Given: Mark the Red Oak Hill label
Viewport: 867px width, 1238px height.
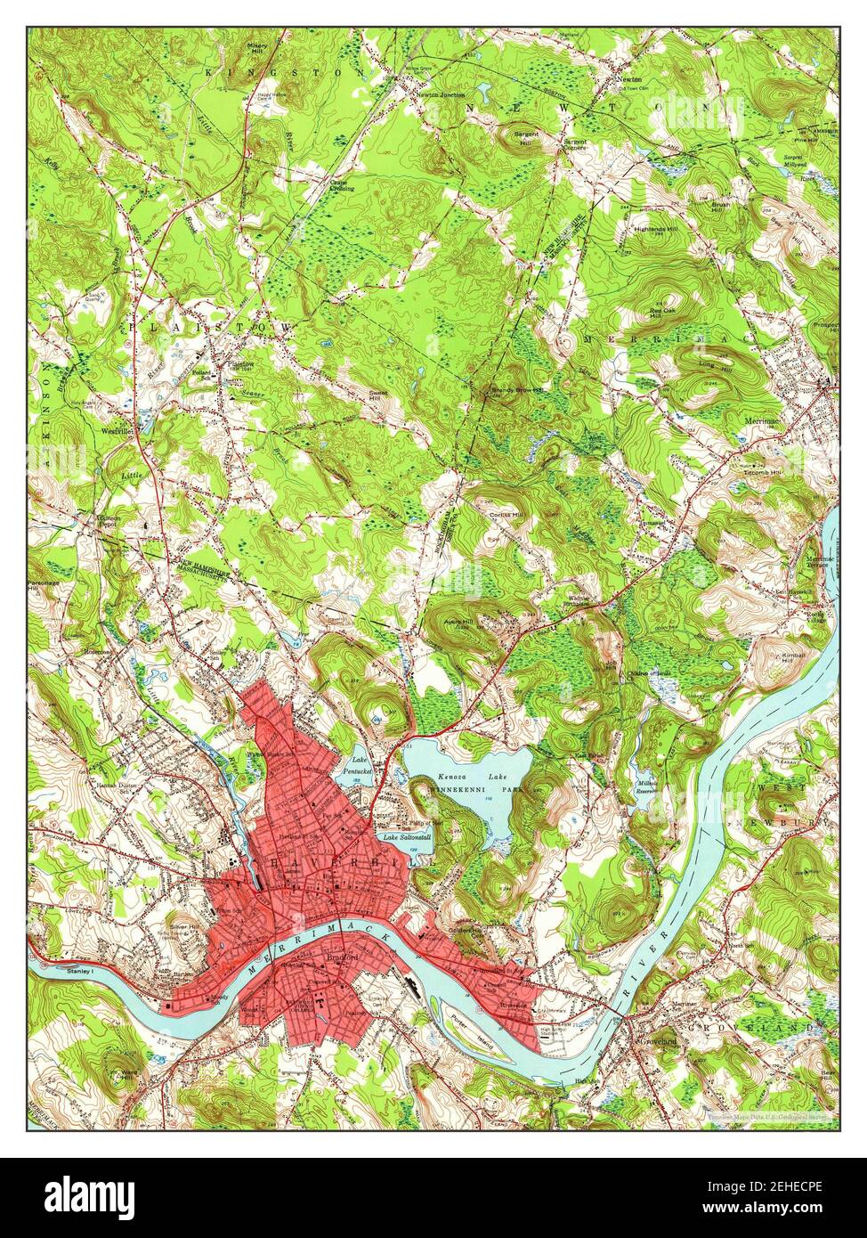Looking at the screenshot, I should click(x=665, y=314).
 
